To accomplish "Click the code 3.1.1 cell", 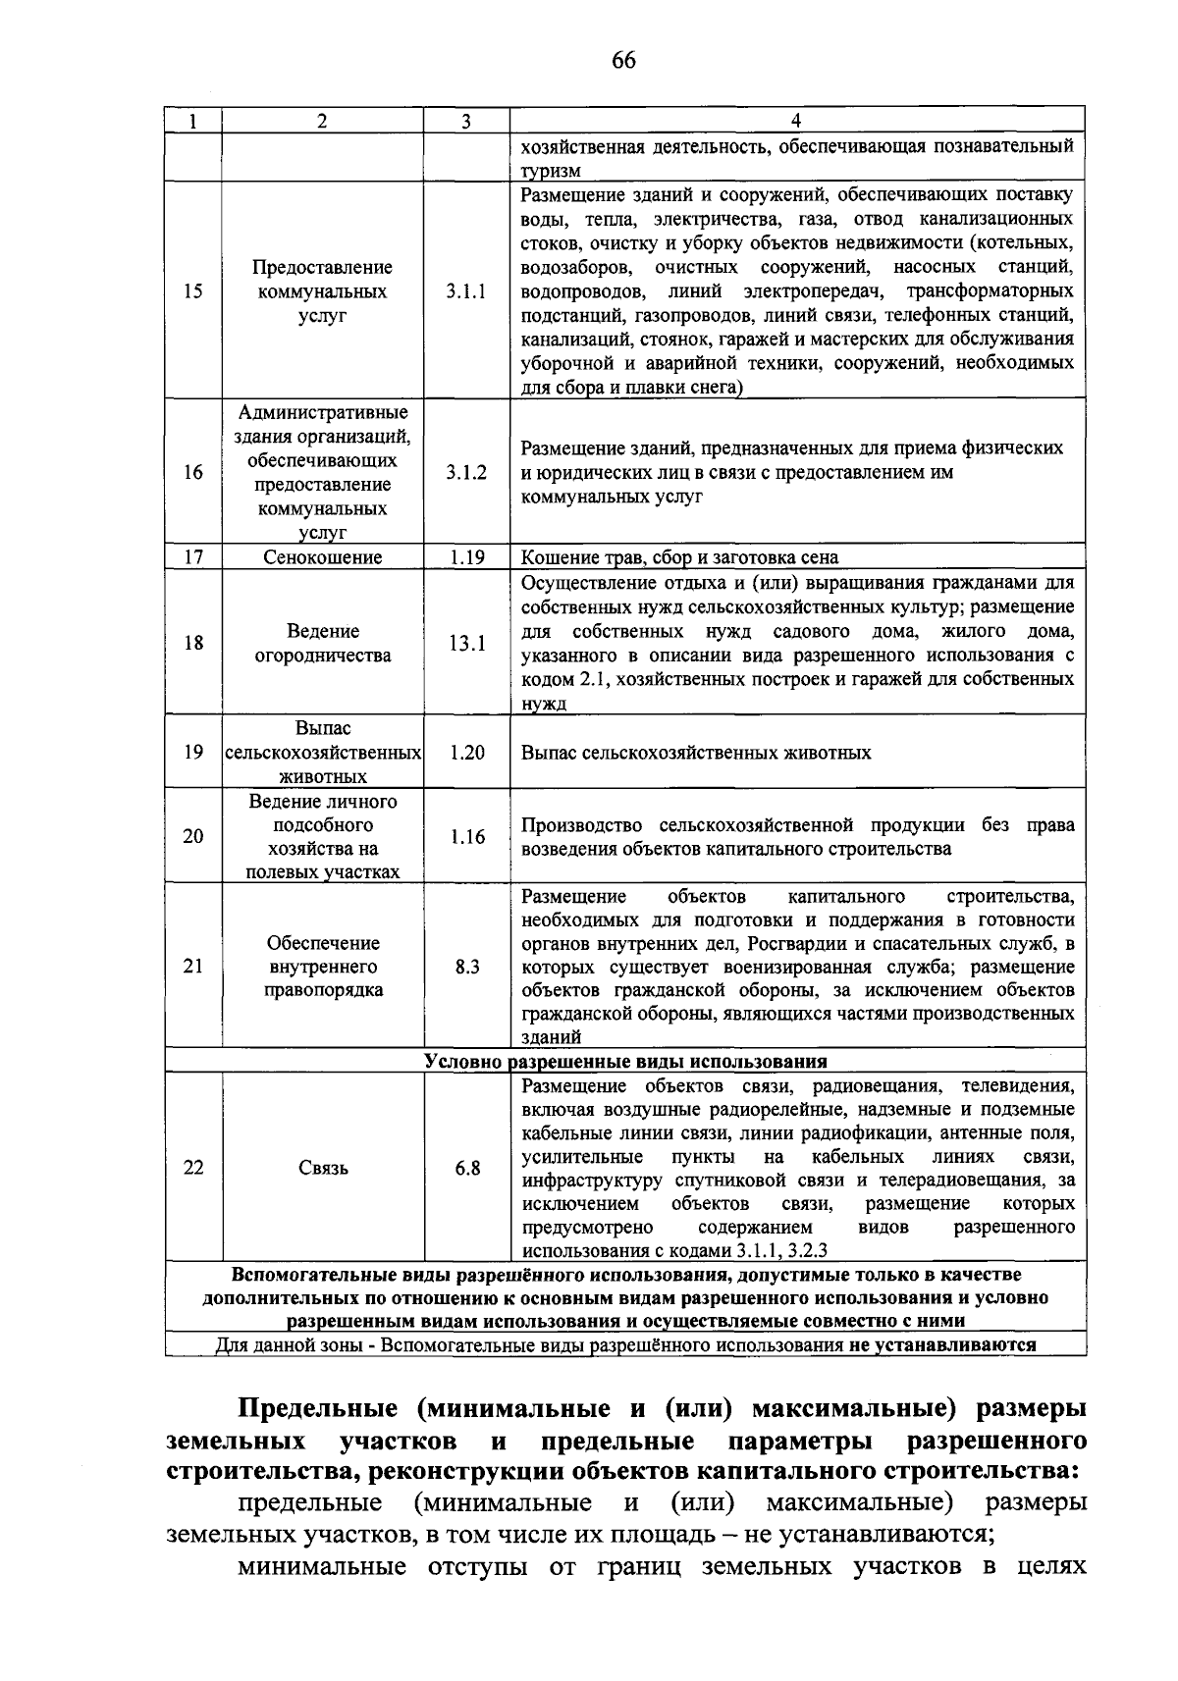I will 466,291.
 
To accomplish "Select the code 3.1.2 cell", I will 466,473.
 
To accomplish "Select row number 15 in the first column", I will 193,291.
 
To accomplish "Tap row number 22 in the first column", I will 193,1169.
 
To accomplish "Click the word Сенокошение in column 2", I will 323,557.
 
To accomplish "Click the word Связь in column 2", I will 323,1169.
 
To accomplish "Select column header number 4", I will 796,121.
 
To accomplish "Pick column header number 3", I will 466,121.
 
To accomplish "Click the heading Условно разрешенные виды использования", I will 625,1062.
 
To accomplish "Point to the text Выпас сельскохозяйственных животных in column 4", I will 696,754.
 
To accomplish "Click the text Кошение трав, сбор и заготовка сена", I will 679,557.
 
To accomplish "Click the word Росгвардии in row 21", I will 792,944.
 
